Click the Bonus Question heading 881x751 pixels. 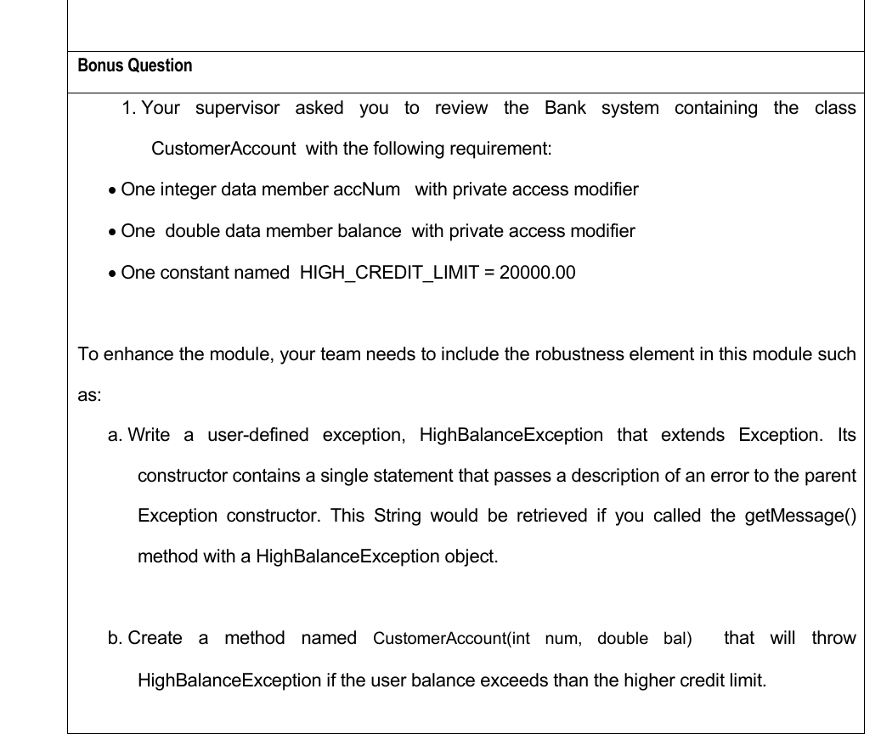coord(135,65)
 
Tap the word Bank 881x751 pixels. coord(565,108)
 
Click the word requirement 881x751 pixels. coord(501,149)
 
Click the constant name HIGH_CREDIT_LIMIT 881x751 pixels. coord(381,273)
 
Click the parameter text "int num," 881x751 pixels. coord(543,639)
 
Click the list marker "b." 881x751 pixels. coord(116,639)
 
